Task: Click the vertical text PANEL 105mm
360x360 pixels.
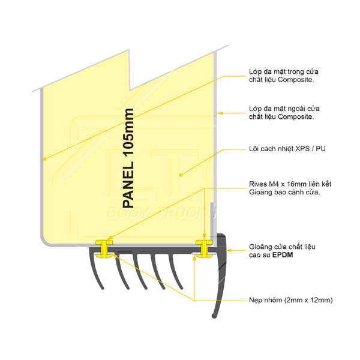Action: coord(128,158)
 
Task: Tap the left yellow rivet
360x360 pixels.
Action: coord(104,248)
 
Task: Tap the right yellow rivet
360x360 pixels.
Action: coord(205,248)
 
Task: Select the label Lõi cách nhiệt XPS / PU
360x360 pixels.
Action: coord(287,149)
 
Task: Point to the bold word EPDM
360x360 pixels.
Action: coord(283,255)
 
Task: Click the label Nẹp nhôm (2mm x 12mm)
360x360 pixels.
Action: coord(290,300)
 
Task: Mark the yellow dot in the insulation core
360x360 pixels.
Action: coord(181,175)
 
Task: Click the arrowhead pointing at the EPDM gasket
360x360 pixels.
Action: coord(229,250)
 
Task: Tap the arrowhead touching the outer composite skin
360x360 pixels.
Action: coord(220,113)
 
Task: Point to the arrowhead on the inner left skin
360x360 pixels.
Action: coord(45,158)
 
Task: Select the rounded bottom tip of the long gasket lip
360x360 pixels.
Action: coord(214,316)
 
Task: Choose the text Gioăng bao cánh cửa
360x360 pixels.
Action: coord(284,192)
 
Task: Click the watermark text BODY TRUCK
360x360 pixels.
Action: coord(158,213)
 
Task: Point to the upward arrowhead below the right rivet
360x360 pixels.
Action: coord(194,258)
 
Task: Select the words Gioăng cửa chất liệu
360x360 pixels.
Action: coord(282,247)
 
